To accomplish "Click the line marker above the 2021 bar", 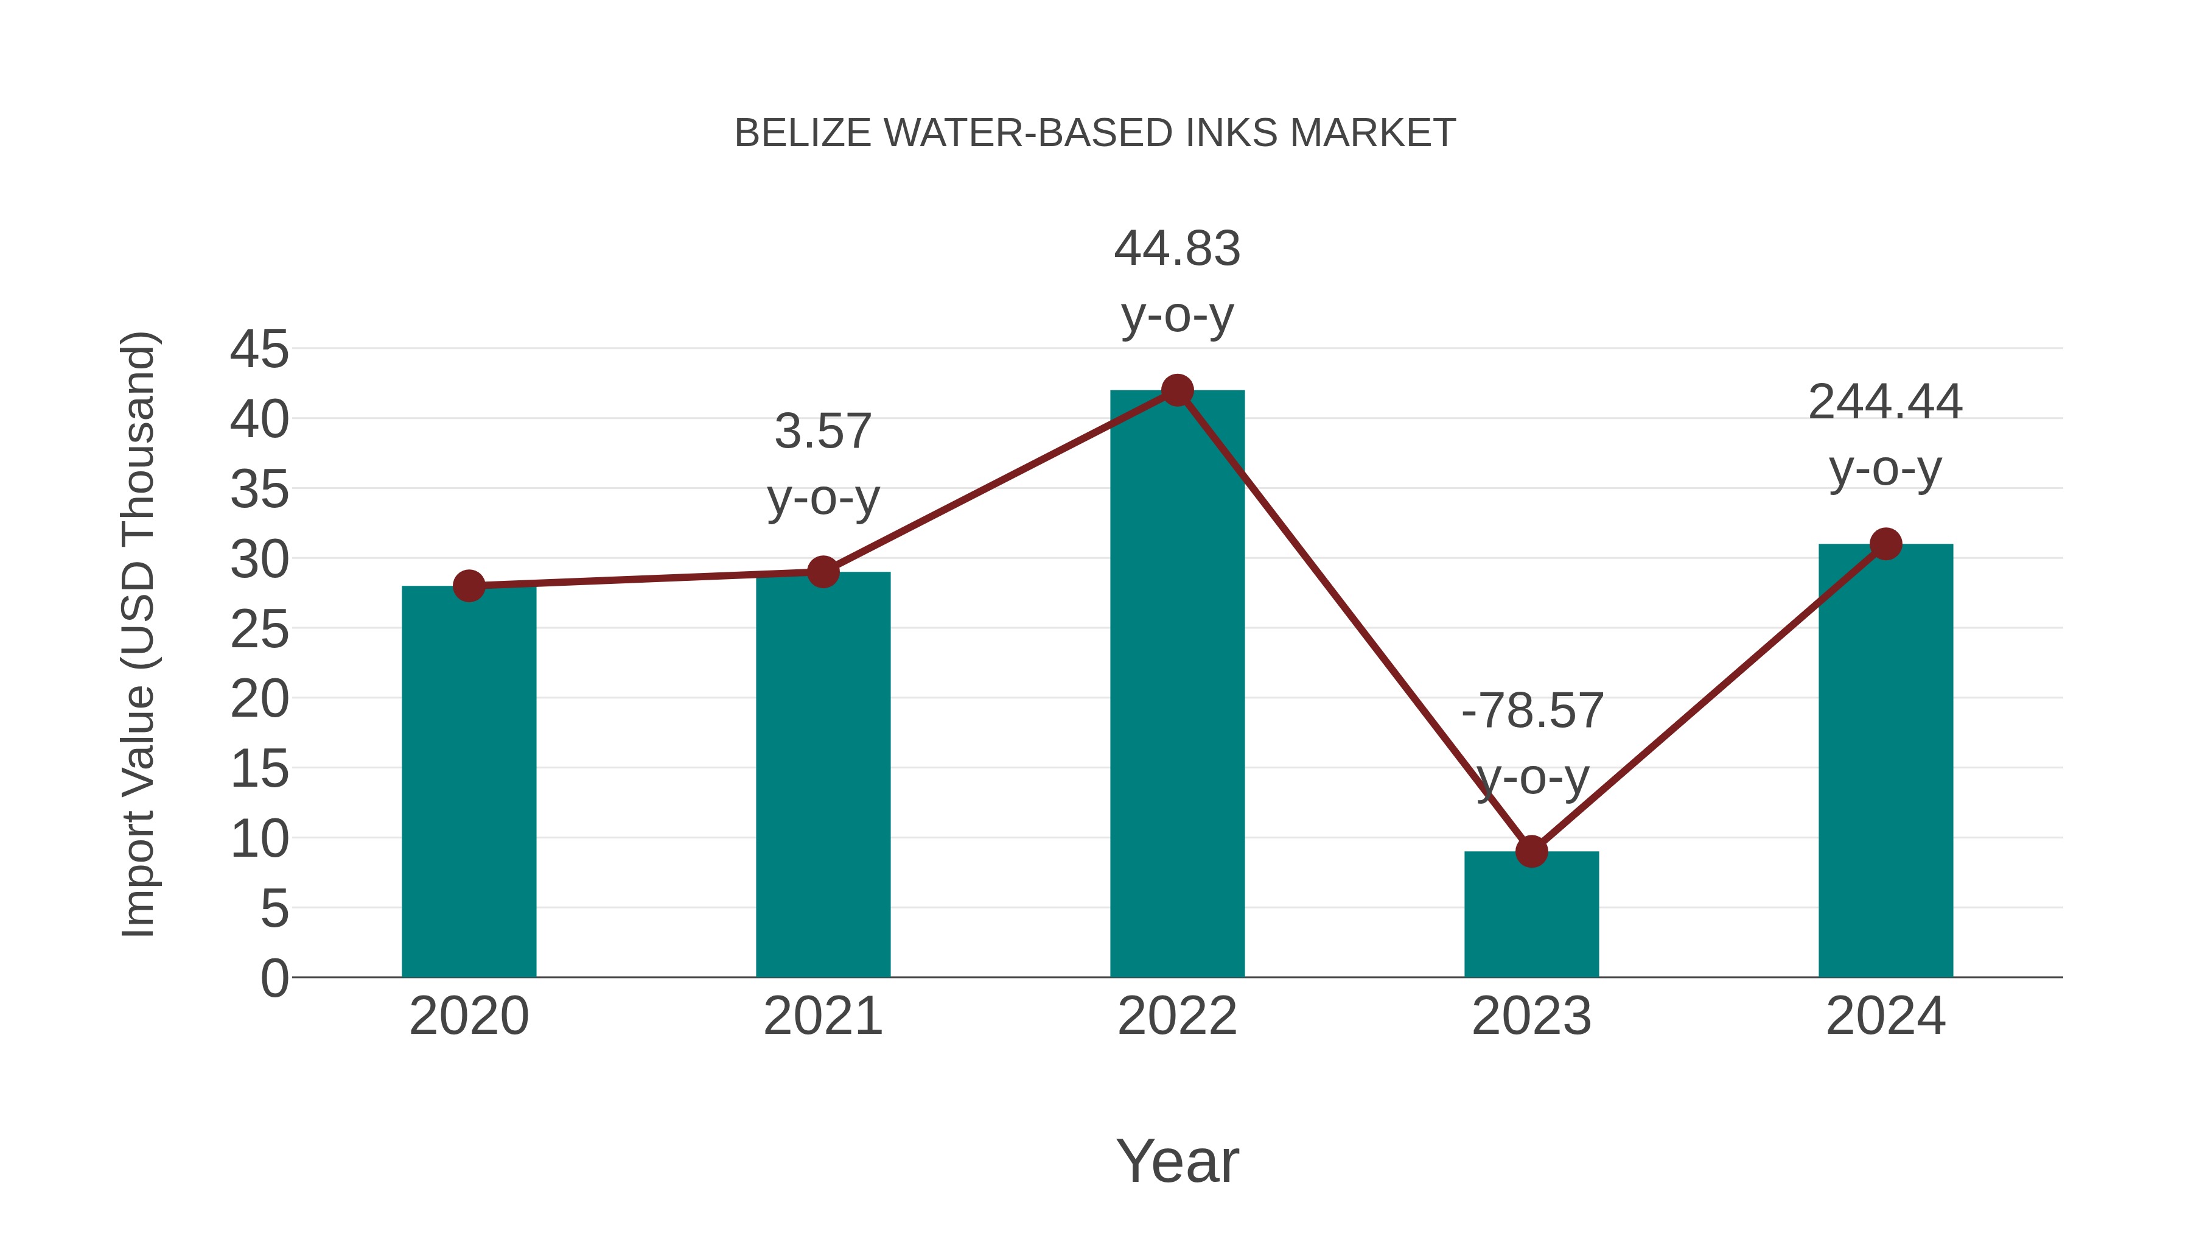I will (x=822, y=572).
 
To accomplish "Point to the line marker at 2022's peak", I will (x=1177, y=390).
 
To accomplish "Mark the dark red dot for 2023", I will (x=1531, y=851).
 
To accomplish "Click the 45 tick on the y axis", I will (x=259, y=349).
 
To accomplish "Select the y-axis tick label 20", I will (x=259, y=700).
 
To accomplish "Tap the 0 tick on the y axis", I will (x=274, y=978).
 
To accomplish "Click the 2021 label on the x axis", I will (x=822, y=1016).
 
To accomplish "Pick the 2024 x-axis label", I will (x=1885, y=1016).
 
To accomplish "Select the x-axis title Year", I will (x=1177, y=1162).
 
